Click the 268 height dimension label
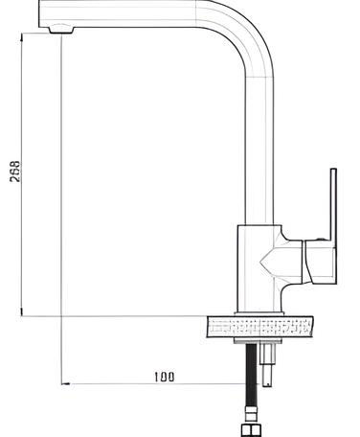pos(14,172)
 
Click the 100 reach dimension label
pos(165,377)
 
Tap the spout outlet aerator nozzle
pos(61,30)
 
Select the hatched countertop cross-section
pos(260,327)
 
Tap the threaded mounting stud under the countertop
pos(266,364)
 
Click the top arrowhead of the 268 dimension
pos(21,36)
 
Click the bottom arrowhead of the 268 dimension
pos(21,312)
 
